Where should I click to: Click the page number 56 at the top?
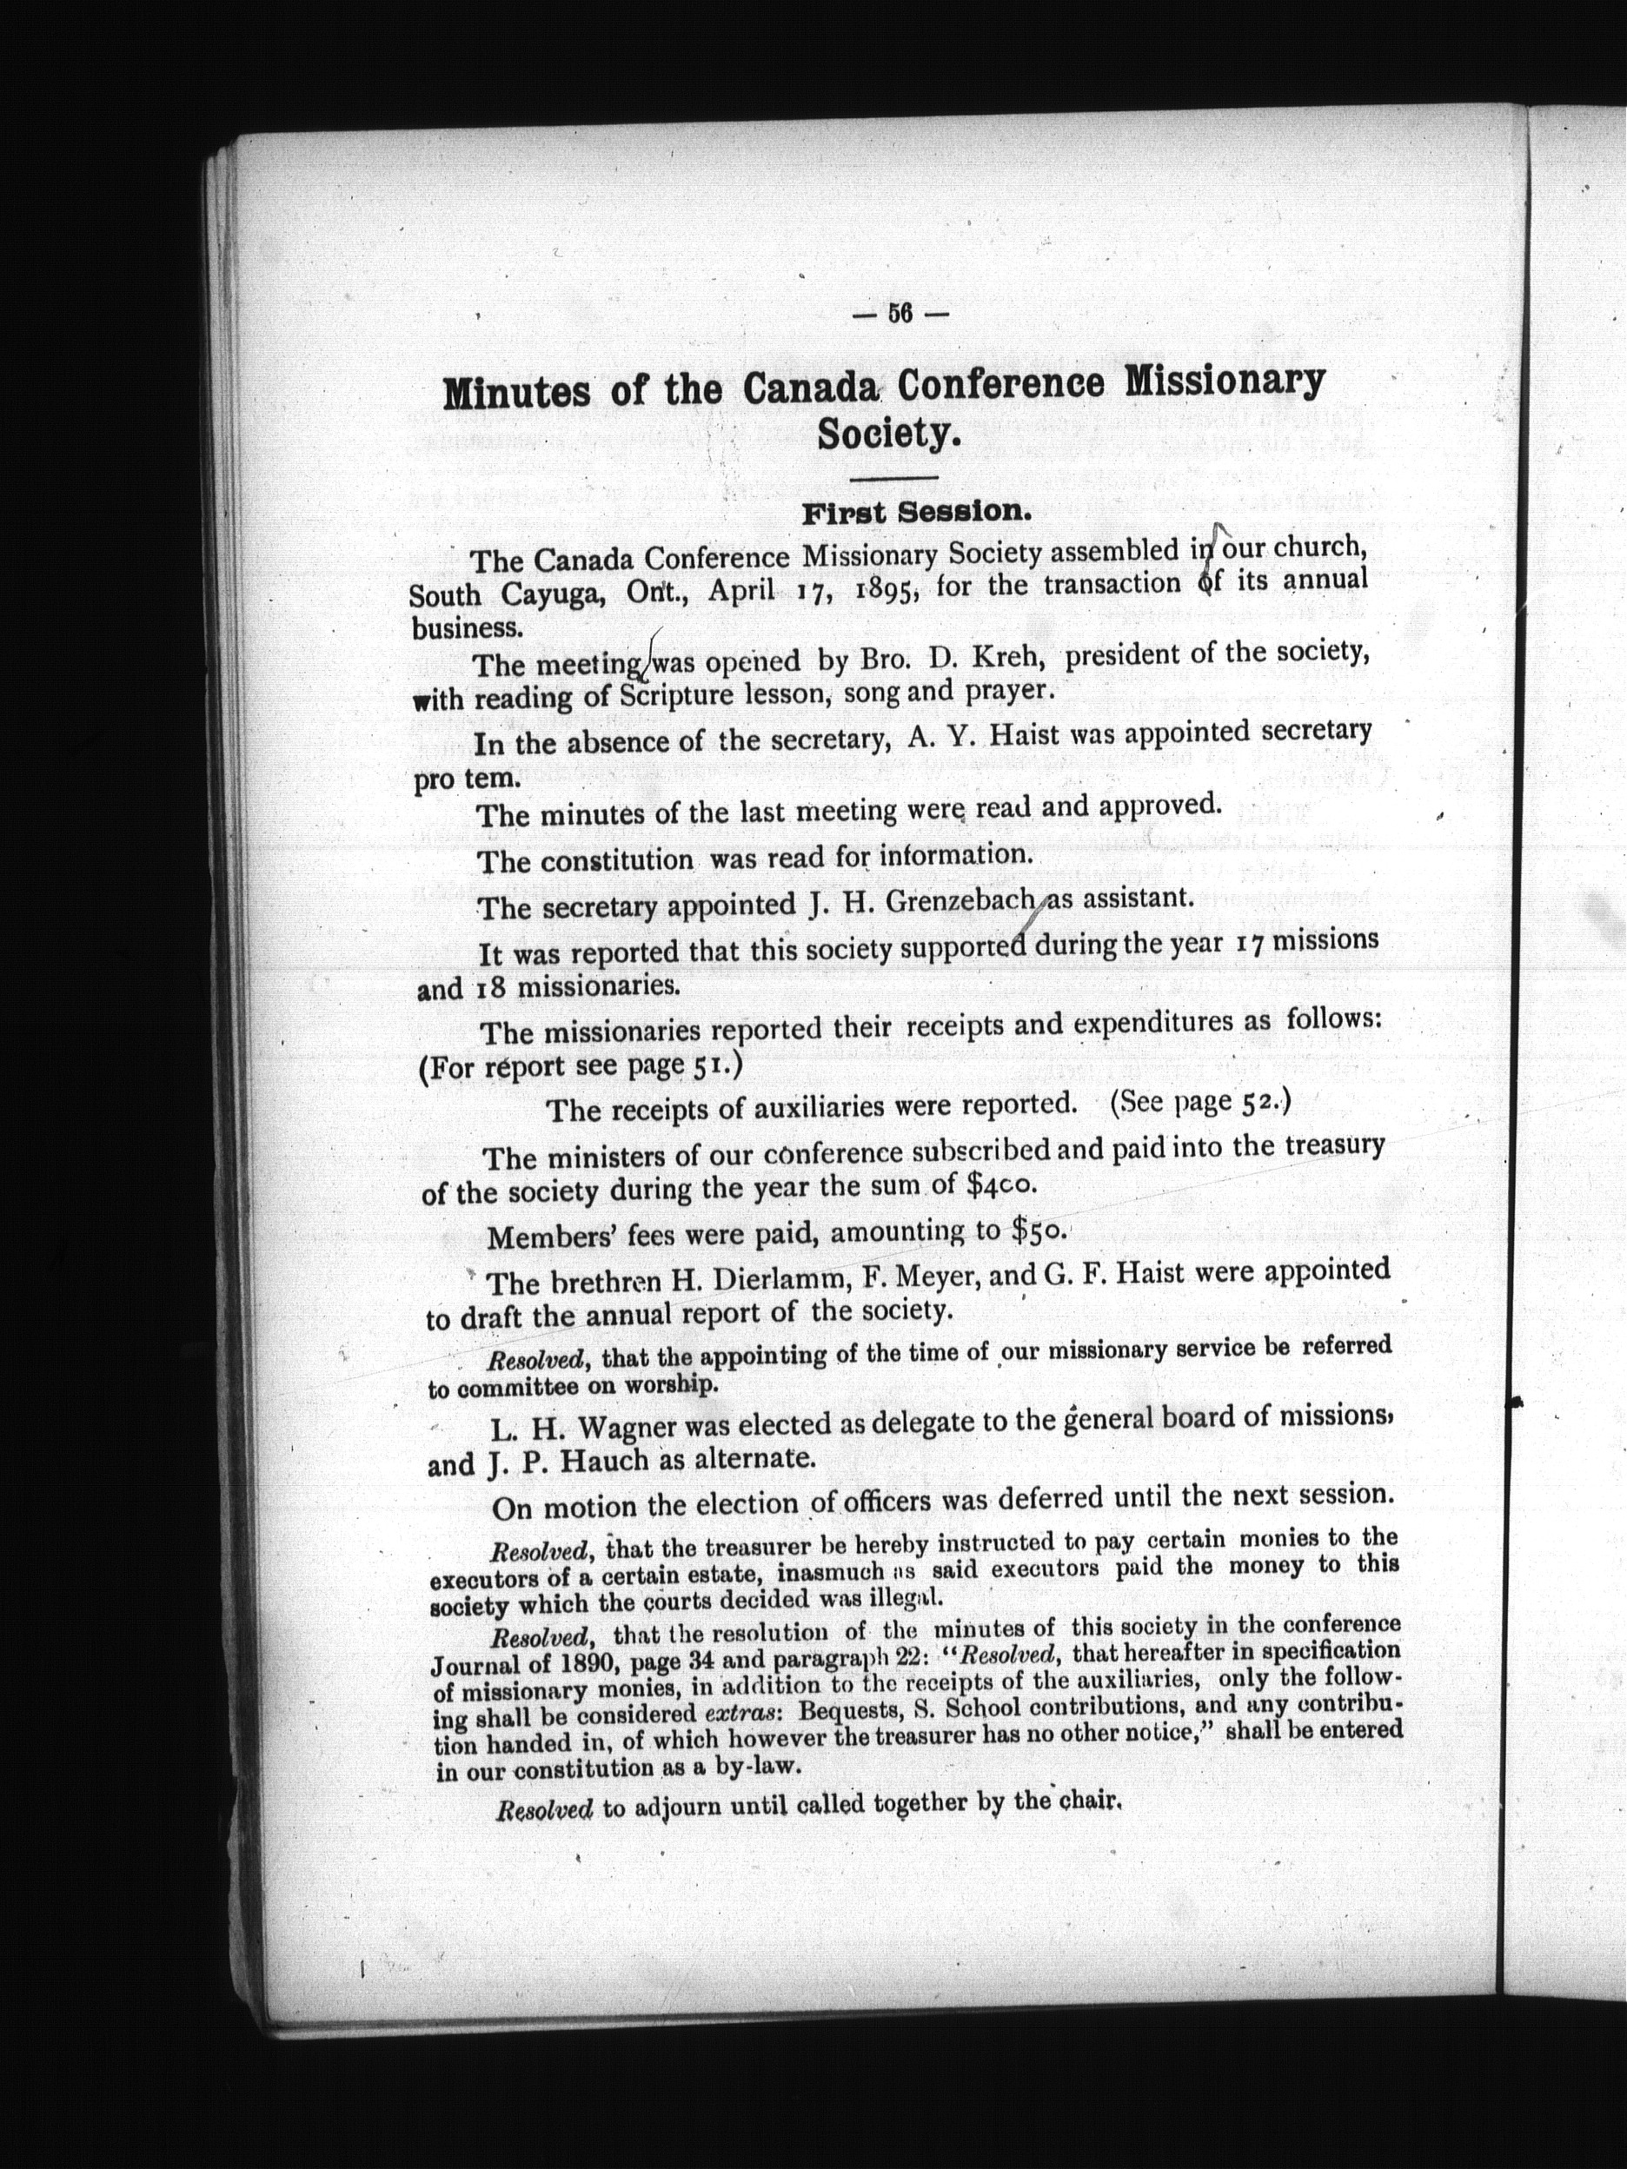click(900, 315)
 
